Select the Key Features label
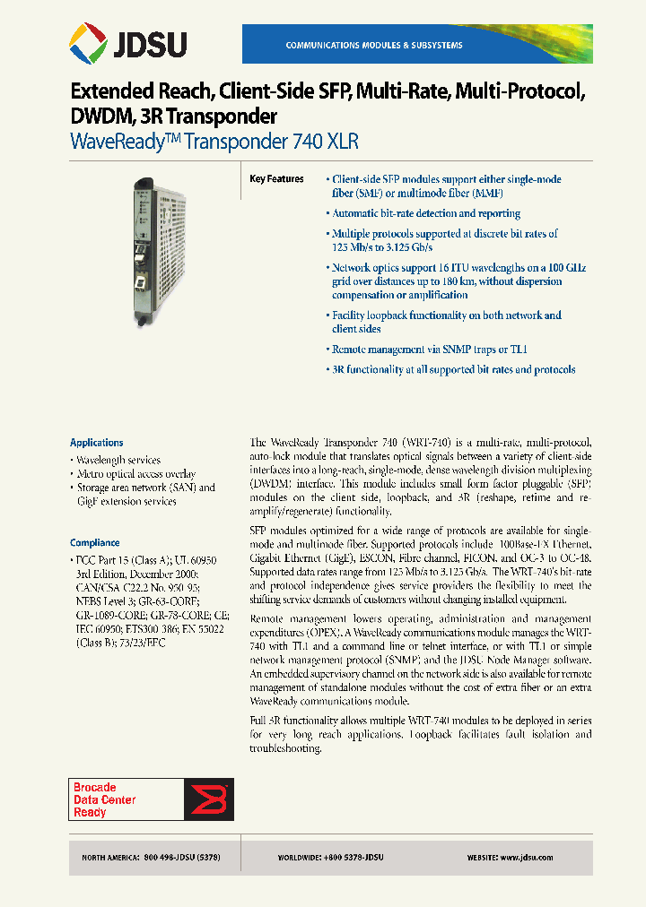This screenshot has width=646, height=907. [x=276, y=179]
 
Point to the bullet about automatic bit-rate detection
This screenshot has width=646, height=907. [x=425, y=213]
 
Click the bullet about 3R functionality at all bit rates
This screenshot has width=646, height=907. [x=453, y=369]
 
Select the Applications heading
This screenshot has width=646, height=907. [x=97, y=443]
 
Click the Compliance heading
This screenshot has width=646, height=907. [x=95, y=542]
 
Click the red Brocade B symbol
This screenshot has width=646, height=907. [x=208, y=799]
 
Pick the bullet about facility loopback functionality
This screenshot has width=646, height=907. [x=446, y=322]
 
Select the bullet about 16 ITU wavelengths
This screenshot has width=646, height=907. [x=446, y=281]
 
